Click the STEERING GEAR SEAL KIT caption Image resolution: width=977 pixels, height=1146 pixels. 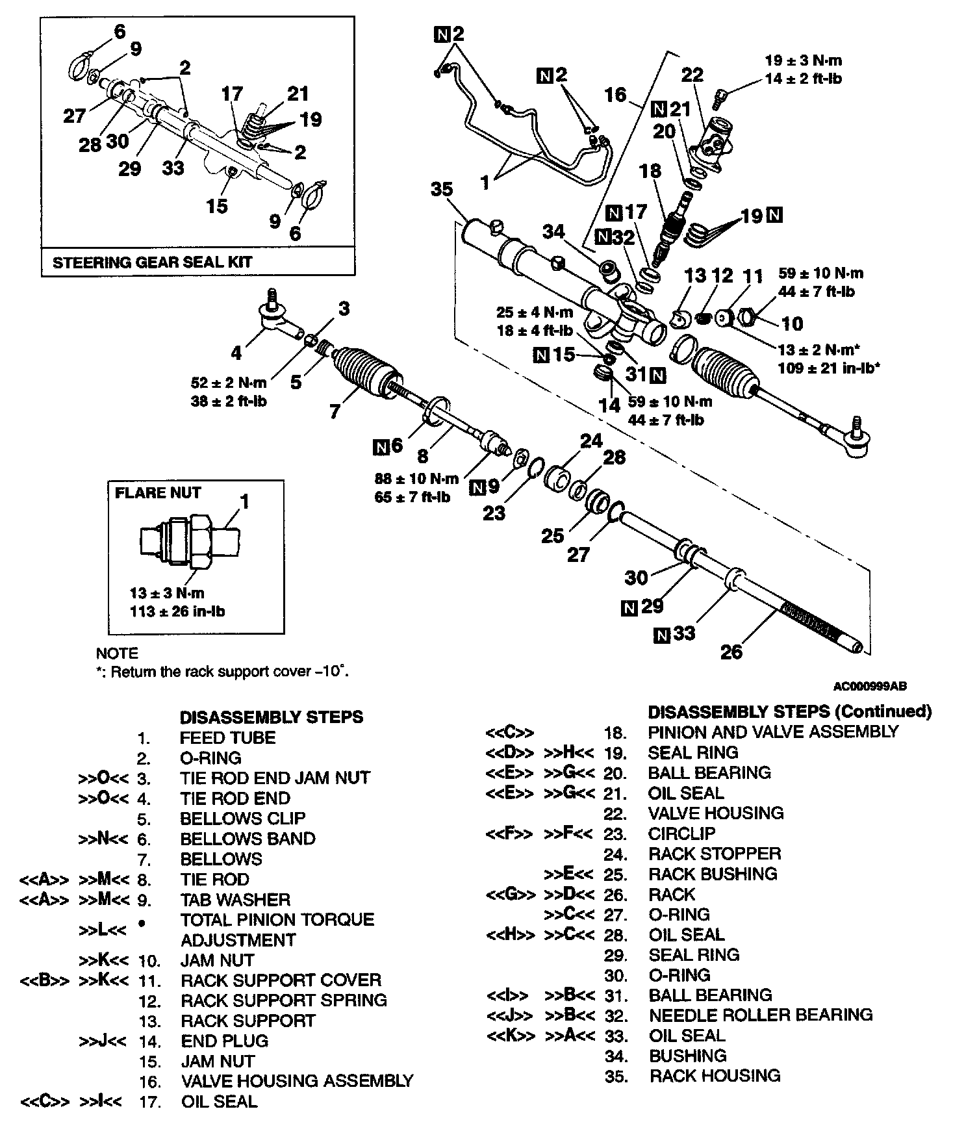[x=152, y=262]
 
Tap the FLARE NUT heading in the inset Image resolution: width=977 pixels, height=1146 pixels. [x=158, y=492]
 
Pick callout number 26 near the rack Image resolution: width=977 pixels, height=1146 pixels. [x=731, y=651]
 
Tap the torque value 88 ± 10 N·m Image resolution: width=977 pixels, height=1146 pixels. [x=416, y=479]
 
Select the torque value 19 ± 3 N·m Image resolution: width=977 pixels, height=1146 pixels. [x=803, y=61]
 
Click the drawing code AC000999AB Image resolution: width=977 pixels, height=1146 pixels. [x=870, y=686]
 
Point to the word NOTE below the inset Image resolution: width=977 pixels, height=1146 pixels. [x=117, y=653]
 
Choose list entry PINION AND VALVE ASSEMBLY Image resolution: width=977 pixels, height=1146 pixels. [x=773, y=732]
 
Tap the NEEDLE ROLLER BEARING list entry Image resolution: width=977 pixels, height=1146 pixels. [x=761, y=1015]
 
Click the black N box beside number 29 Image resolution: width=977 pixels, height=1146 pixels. [x=629, y=608]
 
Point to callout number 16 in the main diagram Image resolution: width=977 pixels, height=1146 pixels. [x=615, y=96]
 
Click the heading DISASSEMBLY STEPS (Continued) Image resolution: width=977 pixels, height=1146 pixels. [x=790, y=711]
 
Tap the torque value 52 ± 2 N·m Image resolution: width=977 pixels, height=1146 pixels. [x=229, y=383]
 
